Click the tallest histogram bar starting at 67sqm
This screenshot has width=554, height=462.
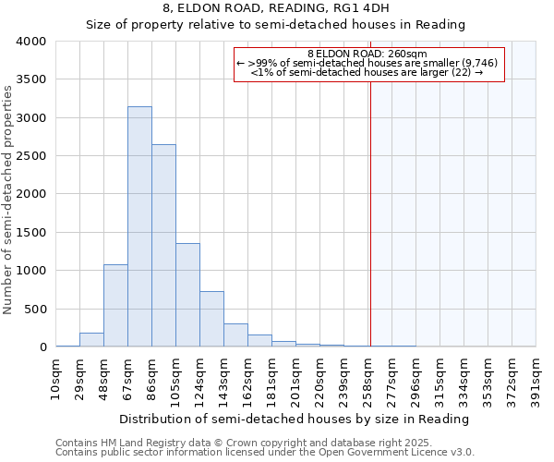point(139,226)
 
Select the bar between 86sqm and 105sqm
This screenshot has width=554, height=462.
point(163,246)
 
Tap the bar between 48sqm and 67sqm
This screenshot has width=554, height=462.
point(115,305)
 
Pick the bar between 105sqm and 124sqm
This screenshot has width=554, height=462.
point(187,295)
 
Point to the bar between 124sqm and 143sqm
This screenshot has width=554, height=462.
point(211,319)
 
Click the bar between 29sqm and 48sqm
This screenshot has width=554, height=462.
point(91,339)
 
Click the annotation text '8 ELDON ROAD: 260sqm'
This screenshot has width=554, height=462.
point(367,54)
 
